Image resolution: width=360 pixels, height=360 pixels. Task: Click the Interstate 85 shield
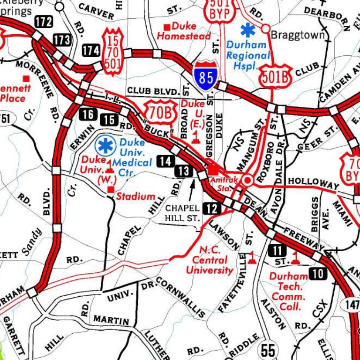click(x=206, y=75)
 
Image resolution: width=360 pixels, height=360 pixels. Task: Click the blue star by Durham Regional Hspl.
click(x=247, y=30)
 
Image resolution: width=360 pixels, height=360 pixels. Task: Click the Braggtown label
click(x=292, y=34)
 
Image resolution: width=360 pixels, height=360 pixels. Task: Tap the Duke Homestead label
click(x=184, y=31)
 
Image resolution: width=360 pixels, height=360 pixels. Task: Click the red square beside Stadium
click(x=111, y=189)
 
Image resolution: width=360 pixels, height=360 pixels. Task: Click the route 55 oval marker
click(x=269, y=350)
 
